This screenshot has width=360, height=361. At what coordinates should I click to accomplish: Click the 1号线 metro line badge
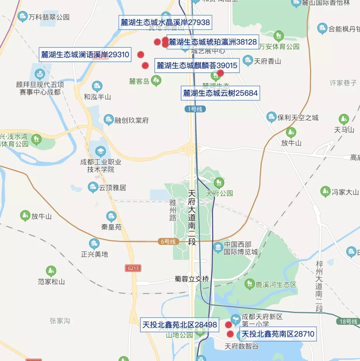pos(195,109)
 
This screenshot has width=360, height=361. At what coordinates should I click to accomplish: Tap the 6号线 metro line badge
pos(168,242)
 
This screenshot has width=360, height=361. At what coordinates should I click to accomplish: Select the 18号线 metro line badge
pos(348,322)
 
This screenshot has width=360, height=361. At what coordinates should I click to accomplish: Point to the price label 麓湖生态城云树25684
pos(220,93)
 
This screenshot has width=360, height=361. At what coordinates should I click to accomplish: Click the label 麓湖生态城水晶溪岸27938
pos(165,22)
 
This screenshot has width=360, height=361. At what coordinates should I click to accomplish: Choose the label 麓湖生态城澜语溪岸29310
pos(85,55)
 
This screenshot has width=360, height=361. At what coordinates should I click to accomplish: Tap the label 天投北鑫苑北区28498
pos(180,325)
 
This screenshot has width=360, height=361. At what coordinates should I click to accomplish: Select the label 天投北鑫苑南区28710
pos(278,334)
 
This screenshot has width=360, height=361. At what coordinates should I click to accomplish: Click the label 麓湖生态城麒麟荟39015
pos(197,65)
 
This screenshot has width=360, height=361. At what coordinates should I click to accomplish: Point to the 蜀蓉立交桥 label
pos(192,279)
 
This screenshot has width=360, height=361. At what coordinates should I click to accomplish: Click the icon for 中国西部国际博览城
pos(218,247)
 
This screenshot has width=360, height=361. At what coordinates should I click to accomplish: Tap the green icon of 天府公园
pos(219,182)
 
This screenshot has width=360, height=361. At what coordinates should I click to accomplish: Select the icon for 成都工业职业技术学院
pos(100,152)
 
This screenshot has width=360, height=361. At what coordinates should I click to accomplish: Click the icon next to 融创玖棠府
pos(109,120)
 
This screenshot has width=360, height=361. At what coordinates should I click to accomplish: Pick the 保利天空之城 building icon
pos(272,117)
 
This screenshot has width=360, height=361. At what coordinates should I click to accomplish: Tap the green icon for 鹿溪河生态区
pos(249,284)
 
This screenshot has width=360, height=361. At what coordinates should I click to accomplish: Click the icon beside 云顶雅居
pos(93,187)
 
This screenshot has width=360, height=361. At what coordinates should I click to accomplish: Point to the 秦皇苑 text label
pos(111,227)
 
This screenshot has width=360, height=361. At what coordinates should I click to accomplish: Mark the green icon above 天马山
pos(344,119)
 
